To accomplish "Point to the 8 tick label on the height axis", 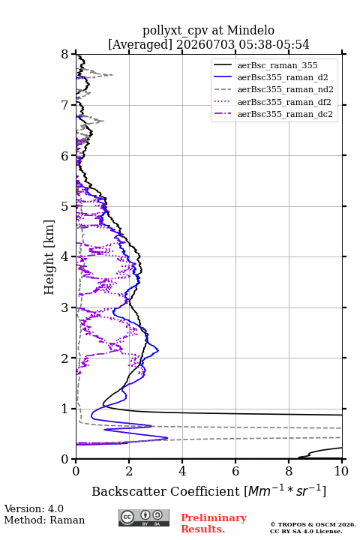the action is tap(65, 55).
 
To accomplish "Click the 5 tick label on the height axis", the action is tap(65, 206).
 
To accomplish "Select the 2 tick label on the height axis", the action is tap(65, 358).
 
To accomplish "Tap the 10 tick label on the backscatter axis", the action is tap(341, 471).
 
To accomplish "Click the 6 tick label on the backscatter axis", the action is tap(235, 471).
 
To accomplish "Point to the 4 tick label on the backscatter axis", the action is tap(182, 471).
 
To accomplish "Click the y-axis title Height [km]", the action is tap(49, 257).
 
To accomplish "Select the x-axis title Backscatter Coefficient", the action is tap(166, 491).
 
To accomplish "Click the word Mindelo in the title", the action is tap(250, 30).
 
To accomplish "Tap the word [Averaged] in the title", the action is tap(140, 44).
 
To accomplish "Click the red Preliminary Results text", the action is tap(214, 523).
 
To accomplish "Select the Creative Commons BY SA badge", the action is tap(144, 517).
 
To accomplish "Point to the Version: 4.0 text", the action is tap(34, 508).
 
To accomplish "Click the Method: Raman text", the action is tap(44, 520).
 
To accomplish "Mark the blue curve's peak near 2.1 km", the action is tap(158, 350).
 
